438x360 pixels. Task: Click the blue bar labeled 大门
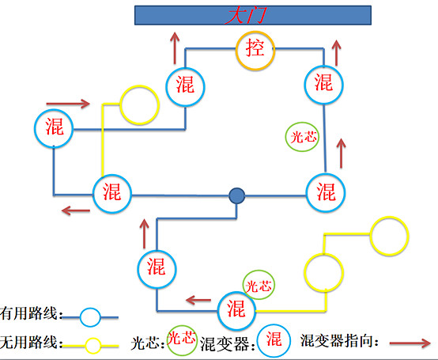tap(253, 16)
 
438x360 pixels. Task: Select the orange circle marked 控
tap(255, 50)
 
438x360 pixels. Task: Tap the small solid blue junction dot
tap(236, 195)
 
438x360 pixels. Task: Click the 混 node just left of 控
tap(186, 83)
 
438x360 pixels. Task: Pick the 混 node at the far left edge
tap(55, 127)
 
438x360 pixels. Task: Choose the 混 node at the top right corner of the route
tap(323, 81)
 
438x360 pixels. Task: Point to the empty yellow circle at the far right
tap(391, 235)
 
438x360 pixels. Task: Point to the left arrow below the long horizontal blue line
tap(77, 210)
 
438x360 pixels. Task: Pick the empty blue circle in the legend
tap(90, 317)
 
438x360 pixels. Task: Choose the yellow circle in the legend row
tap(93, 345)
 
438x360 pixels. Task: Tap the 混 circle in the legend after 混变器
tap(273, 340)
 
